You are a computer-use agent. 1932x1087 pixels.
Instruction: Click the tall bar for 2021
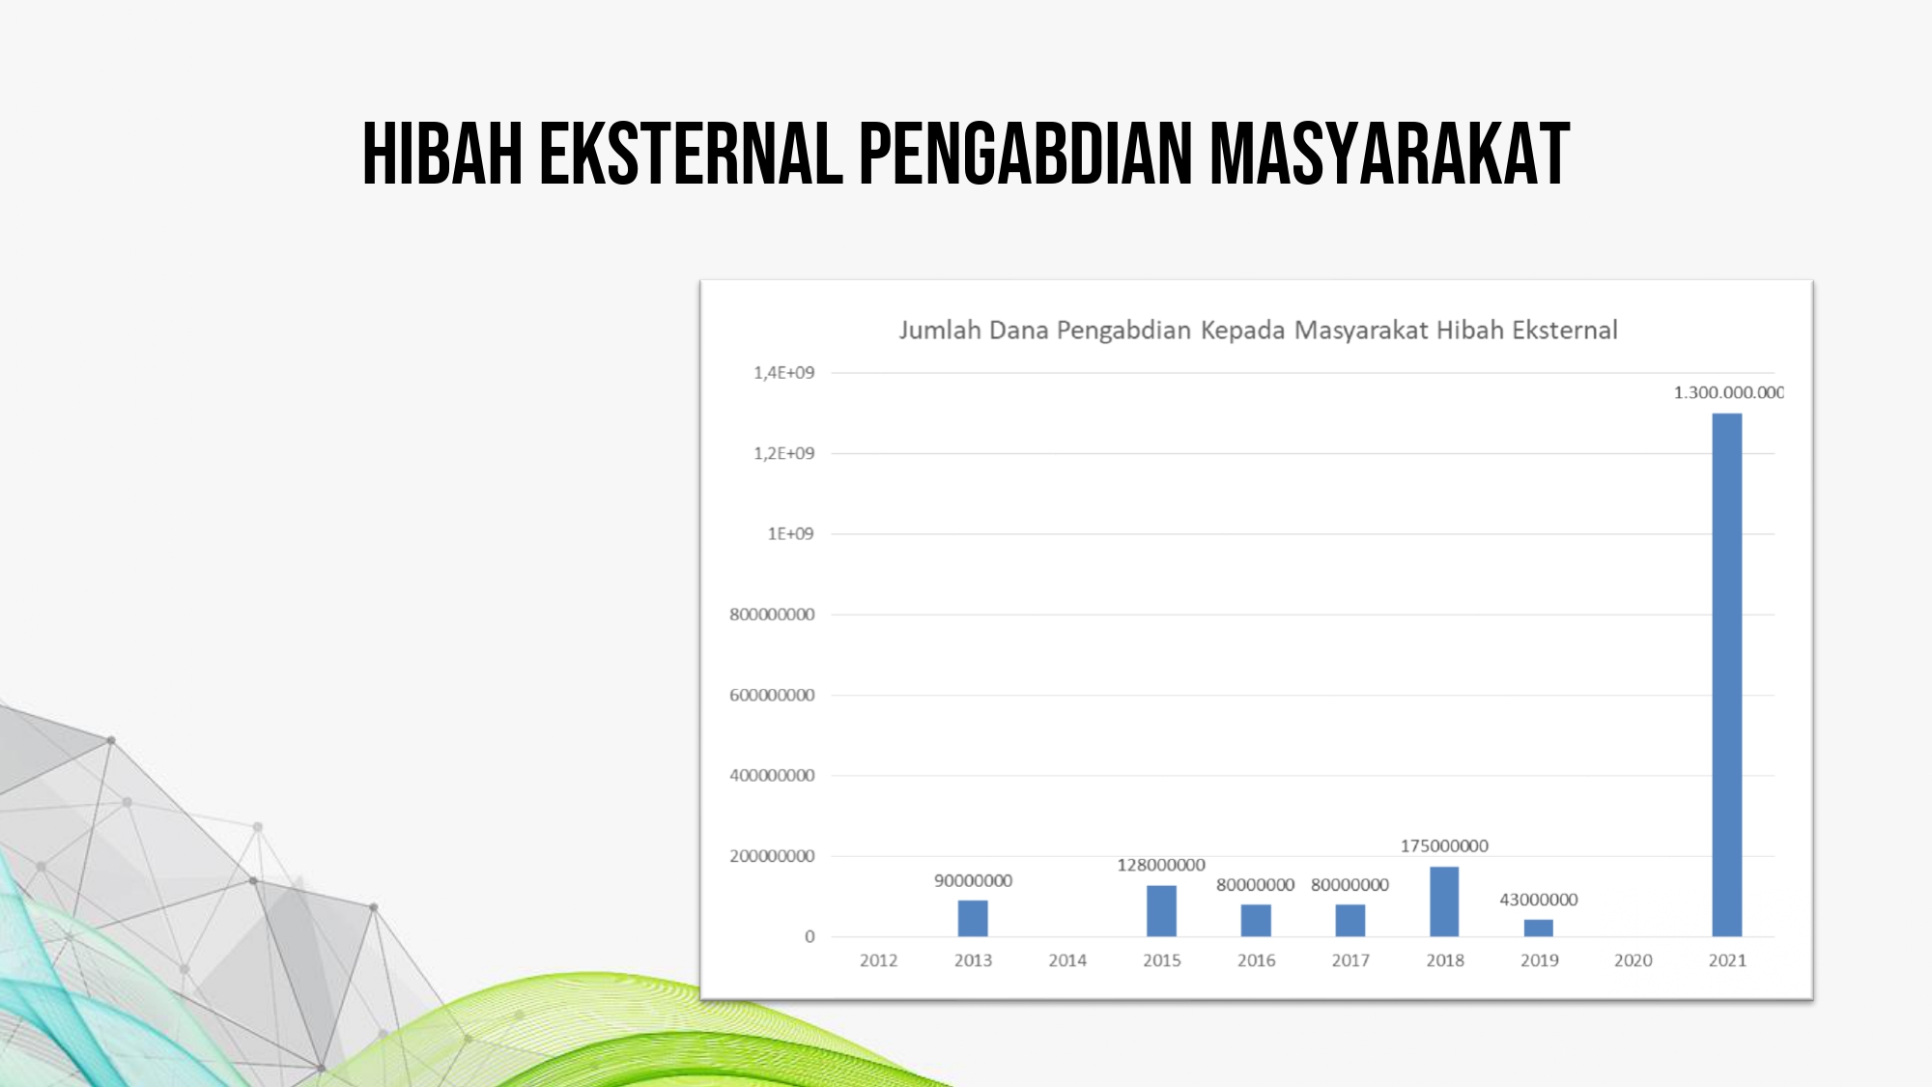pos(1727,674)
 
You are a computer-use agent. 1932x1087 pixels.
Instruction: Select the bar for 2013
pos(973,918)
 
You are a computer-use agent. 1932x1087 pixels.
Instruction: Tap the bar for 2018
pos(1444,901)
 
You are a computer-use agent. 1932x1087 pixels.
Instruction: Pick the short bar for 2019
pos(1539,928)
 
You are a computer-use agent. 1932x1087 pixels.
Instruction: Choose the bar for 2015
pos(1161,910)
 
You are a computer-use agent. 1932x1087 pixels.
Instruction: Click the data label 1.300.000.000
pos(1729,392)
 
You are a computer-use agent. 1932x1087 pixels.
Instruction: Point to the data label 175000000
pos(1444,845)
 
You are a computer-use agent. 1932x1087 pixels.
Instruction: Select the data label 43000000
pos(1539,900)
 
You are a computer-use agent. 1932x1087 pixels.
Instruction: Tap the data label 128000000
pos(1161,865)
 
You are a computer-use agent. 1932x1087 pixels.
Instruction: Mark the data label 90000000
pos(973,880)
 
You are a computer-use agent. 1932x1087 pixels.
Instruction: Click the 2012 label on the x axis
pos(878,960)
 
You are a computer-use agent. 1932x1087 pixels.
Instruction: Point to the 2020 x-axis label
pos(1634,960)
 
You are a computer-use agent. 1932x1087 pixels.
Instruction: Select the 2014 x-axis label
pos(1067,960)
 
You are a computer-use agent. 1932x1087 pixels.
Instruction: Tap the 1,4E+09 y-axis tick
pos(784,372)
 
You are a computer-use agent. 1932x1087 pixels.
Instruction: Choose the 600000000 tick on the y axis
pos(772,695)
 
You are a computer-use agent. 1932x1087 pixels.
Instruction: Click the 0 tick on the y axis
pos(810,936)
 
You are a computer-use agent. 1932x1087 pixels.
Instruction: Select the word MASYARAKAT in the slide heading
pos(1390,154)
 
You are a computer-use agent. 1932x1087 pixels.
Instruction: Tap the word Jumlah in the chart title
pos(940,330)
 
